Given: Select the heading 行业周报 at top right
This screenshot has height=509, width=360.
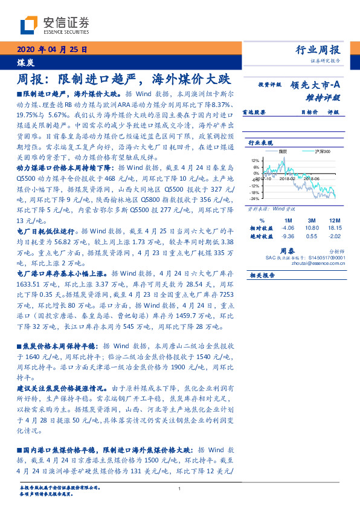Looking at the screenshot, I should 320,50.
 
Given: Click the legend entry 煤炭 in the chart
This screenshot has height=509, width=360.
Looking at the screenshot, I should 283,152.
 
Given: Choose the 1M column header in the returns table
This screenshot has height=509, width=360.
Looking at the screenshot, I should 287,219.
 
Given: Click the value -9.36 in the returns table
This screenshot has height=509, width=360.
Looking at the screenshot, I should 287,236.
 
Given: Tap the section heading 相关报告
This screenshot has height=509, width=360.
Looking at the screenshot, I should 262,275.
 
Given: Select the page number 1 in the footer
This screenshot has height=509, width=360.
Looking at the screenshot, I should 180,489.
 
